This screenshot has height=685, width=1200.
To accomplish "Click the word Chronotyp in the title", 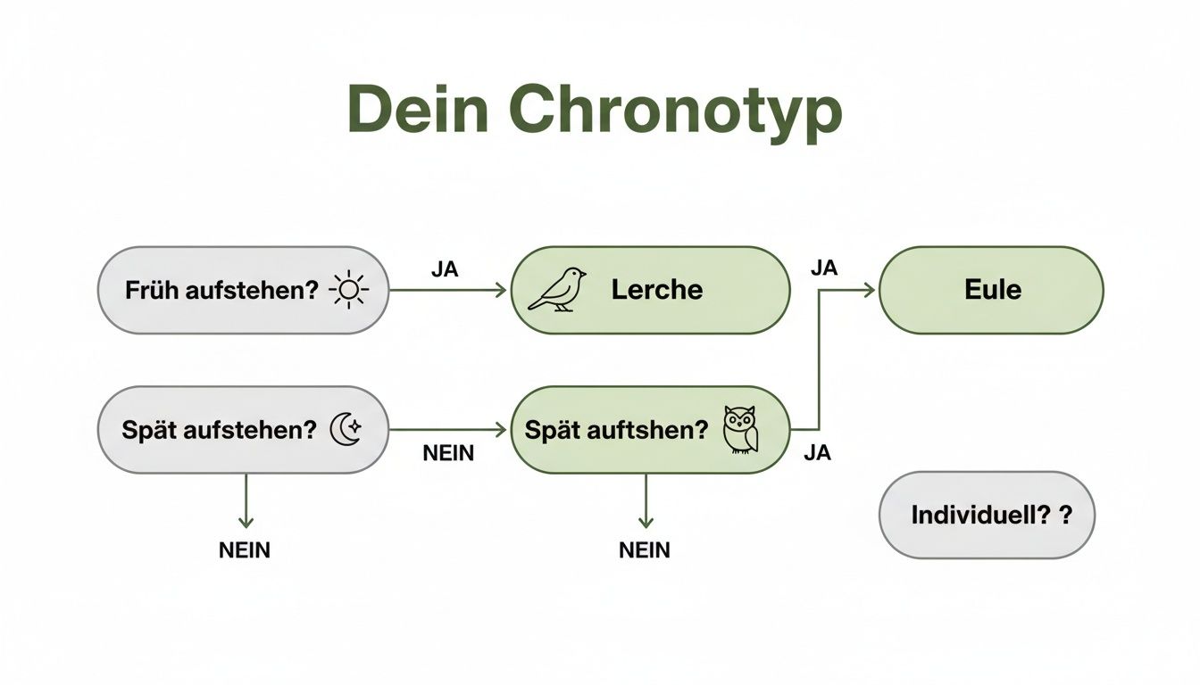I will (x=676, y=111).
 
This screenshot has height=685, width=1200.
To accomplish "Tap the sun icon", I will (x=347, y=290).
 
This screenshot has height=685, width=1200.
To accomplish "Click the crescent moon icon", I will (x=346, y=429).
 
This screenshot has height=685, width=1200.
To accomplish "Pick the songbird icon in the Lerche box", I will (x=557, y=289).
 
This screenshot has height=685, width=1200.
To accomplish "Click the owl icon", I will (x=740, y=430).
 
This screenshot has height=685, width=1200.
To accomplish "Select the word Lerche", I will (x=657, y=289).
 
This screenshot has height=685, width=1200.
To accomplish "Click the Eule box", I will (x=991, y=290).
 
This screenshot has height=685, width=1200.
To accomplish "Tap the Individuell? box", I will (x=987, y=515).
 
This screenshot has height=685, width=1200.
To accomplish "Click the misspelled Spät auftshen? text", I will (x=616, y=430).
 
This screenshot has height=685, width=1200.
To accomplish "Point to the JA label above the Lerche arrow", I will (x=445, y=269).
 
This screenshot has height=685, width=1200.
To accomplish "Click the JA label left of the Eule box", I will (x=824, y=268).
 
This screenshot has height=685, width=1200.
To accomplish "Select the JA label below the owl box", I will (x=817, y=453).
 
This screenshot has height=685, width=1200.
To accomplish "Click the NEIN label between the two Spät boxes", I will (x=448, y=453).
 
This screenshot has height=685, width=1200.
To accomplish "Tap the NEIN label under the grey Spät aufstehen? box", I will (x=245, y=550).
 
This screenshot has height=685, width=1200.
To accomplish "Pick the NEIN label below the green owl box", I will (x=645, y=550).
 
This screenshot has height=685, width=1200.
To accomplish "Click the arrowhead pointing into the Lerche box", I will (x=501, y=290).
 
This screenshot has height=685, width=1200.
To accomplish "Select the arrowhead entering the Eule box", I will (x=870, y=290).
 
